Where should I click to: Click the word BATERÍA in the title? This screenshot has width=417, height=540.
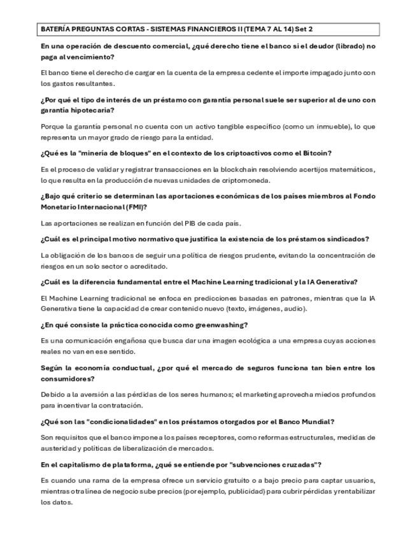pos(55,29)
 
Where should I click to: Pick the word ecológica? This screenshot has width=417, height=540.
pos(213,341)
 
